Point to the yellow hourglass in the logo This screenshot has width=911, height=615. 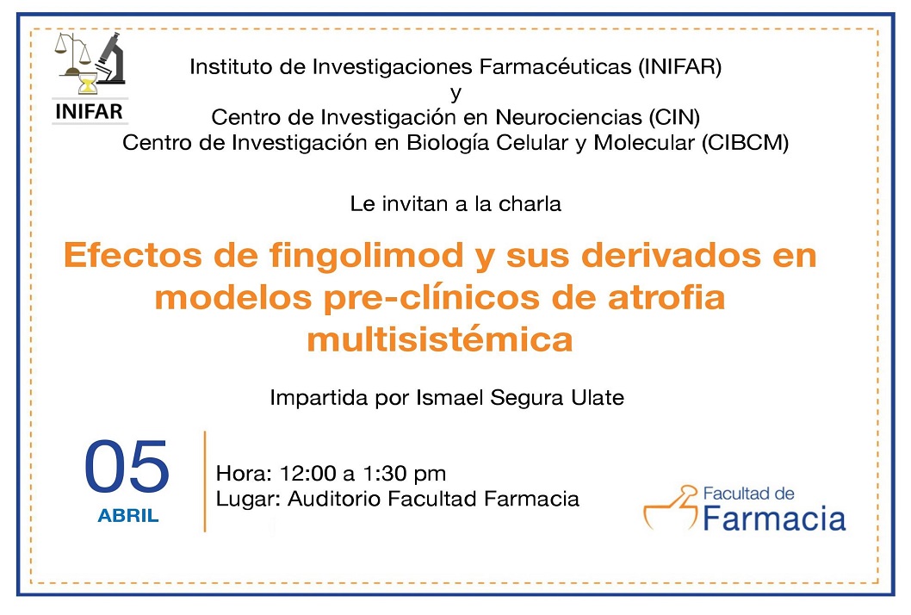click(87, 84)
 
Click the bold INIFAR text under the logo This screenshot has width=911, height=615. click(89, 111)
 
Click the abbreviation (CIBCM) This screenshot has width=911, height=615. click(745, 143)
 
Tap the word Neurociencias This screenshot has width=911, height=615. click(568, 117)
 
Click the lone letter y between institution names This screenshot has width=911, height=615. click(456, 94)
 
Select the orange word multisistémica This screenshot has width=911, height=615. click(440, 339)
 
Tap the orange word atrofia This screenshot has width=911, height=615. click(666, 298)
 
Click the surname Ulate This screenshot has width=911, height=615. click(598, 398)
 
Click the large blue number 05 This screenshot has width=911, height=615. click(127, 467)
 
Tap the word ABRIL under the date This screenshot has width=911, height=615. click(127, 516)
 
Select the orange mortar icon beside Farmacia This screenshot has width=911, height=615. click(670, 508)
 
